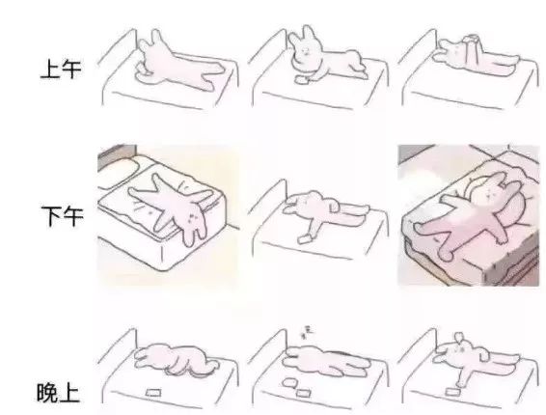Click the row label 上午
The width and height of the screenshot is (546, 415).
coord(61,69)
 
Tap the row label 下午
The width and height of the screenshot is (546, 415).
coord(63,216)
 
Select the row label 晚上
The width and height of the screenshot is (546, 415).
coord(59,393)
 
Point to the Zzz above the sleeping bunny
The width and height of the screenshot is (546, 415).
coord(307,332)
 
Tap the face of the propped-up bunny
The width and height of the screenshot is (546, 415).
coord(305,52)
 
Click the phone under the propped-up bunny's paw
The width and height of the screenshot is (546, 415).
coord(302,80)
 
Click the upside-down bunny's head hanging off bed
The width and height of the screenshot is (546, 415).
coord(193,224)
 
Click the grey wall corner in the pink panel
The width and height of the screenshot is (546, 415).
coord(416,153)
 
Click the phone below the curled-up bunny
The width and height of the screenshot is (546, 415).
coord(152,393)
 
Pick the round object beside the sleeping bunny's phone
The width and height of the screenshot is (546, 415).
coord(289,383)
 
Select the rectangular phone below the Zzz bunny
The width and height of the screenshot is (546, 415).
coord(303,393)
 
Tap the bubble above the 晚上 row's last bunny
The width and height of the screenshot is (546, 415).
coord(459,337)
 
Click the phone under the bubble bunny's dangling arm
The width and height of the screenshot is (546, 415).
coord(452,392)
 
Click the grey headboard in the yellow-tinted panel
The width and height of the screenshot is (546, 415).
coord(117,156)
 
